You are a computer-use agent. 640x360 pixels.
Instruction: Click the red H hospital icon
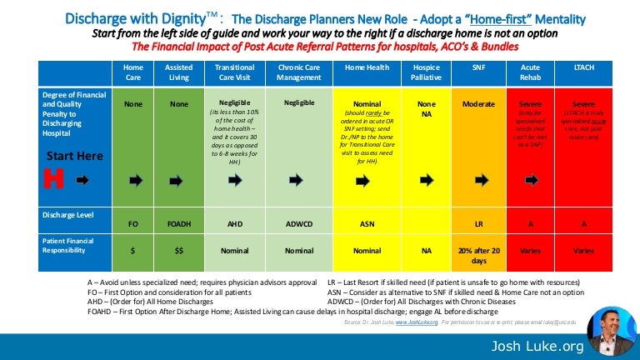pyautogui.click(x=52, y=179)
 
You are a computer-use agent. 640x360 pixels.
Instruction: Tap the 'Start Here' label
pyautogui.click(x=75, y=156)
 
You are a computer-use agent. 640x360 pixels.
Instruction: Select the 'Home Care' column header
pyautogui.click(x=132, y=72)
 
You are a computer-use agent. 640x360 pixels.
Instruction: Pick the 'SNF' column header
pyautogui.click(x=479, y=67)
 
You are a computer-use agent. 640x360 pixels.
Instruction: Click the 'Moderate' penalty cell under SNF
pyautogui.click(x=479, y=104)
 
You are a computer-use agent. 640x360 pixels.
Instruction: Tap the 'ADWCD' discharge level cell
pyautogui.click(x=298, y=223)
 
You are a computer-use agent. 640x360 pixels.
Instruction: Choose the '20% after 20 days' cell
pyautogui.click(x=479, y=255)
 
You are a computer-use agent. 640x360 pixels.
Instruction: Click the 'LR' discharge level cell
pyautogui.click(x=479, y=223)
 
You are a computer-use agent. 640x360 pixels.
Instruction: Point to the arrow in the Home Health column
pyautogui.click(x=367, y=179)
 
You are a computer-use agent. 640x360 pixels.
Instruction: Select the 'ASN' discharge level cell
pyautogui.click(x=367, y=223)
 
